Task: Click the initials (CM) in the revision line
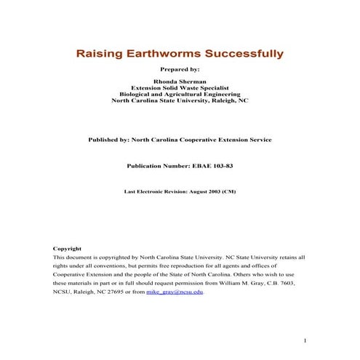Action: (228, 192)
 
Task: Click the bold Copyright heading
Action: (67, 249)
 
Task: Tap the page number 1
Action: (305, 340)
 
